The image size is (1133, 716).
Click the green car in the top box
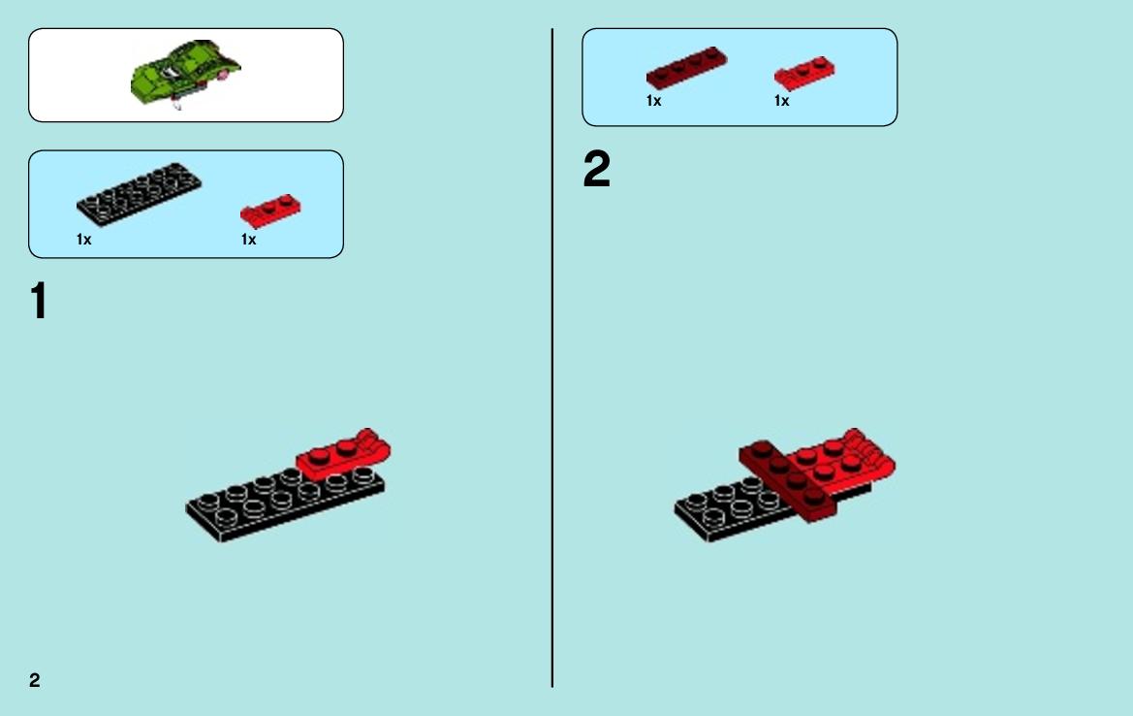(x=186, y=74)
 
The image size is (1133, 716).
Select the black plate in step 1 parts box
(x=139, y=193)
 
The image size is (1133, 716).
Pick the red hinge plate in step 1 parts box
(x=271, y=211)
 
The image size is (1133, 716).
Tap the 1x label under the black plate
(x=83, y=240)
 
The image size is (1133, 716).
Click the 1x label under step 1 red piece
(x=248, y=240)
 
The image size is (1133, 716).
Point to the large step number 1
(x=39, y=301)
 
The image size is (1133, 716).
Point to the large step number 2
(x=597, y=169)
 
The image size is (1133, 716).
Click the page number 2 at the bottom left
(x=35, y=680)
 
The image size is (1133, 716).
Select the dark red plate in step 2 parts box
(x=686, y=68)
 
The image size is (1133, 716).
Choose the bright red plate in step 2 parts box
(x=804, y=73)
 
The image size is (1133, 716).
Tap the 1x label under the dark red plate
(x=654, y=101)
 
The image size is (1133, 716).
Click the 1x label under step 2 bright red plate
(x=782, y=101)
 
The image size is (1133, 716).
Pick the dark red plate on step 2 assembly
(x=788, y=480)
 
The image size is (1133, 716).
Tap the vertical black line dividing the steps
(x=552, y=358)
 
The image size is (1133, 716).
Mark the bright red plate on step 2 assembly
(x=842, y=463)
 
